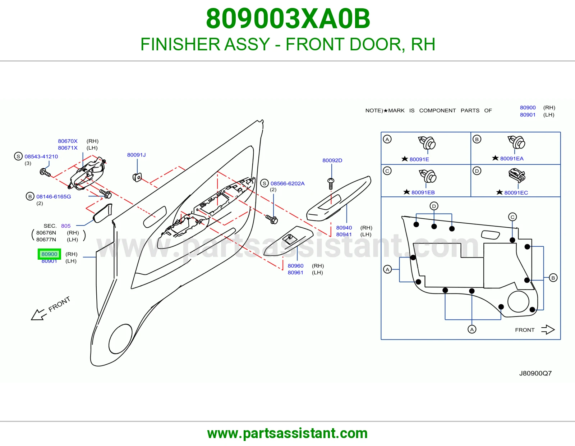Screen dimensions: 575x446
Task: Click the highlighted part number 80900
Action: (x=49, y=254)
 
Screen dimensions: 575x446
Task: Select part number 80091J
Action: (x=136, y=155)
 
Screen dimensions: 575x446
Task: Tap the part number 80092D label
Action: (x=332, y=160)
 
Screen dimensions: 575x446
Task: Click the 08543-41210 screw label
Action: (x=41, y=156)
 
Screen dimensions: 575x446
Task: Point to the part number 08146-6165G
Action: (x=54, y=196)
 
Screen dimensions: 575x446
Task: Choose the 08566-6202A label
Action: (x=287, y=183)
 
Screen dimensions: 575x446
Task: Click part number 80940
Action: (x=344, y=228)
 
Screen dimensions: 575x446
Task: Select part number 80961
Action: (x=295, y=273)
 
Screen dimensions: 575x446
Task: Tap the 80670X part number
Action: (x=68, y=141)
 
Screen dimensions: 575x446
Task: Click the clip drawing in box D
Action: (x=517, y=176)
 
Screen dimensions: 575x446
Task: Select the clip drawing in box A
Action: (x=427, y=143)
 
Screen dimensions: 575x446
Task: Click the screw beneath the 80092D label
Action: (x=331, y=184)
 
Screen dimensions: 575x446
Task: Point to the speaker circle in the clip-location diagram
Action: (x=518, y=302)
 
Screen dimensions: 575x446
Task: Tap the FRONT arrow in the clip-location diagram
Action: (x=548, y=330)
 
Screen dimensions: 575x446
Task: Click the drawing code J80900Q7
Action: (x=535, y=373)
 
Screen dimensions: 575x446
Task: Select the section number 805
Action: (x=66, y=226)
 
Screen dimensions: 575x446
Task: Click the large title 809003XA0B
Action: (x=288, y=19)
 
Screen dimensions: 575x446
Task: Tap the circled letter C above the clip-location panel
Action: (x=512, y=217)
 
